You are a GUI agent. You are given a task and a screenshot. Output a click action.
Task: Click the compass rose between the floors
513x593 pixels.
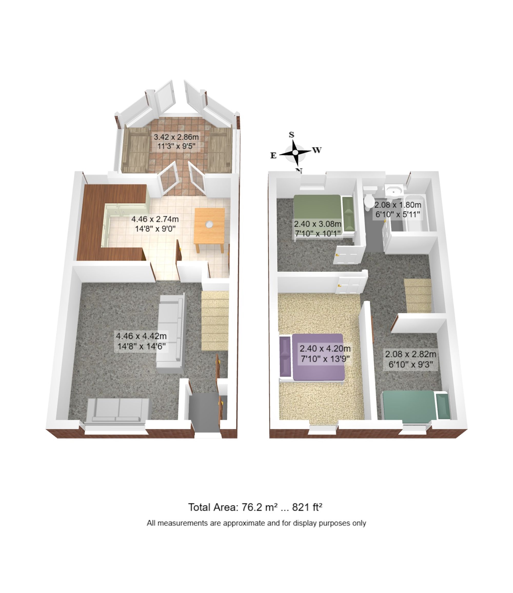295,153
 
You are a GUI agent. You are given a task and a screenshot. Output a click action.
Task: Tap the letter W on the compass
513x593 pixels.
317,150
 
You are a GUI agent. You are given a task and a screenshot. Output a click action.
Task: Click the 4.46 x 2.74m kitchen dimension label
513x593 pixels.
155,224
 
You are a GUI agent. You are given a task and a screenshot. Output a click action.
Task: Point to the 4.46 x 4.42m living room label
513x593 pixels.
141,341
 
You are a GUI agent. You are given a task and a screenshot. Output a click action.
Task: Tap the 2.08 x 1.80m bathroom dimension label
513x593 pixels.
397,210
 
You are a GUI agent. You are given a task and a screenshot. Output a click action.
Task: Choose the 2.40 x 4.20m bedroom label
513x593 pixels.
325,353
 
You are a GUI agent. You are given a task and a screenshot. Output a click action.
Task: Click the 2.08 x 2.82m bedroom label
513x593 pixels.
410,359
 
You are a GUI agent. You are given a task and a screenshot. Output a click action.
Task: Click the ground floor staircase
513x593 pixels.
215,321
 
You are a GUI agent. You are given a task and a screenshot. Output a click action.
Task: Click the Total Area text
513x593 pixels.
255,507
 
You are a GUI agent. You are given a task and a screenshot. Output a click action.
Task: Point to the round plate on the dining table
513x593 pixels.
209,224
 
